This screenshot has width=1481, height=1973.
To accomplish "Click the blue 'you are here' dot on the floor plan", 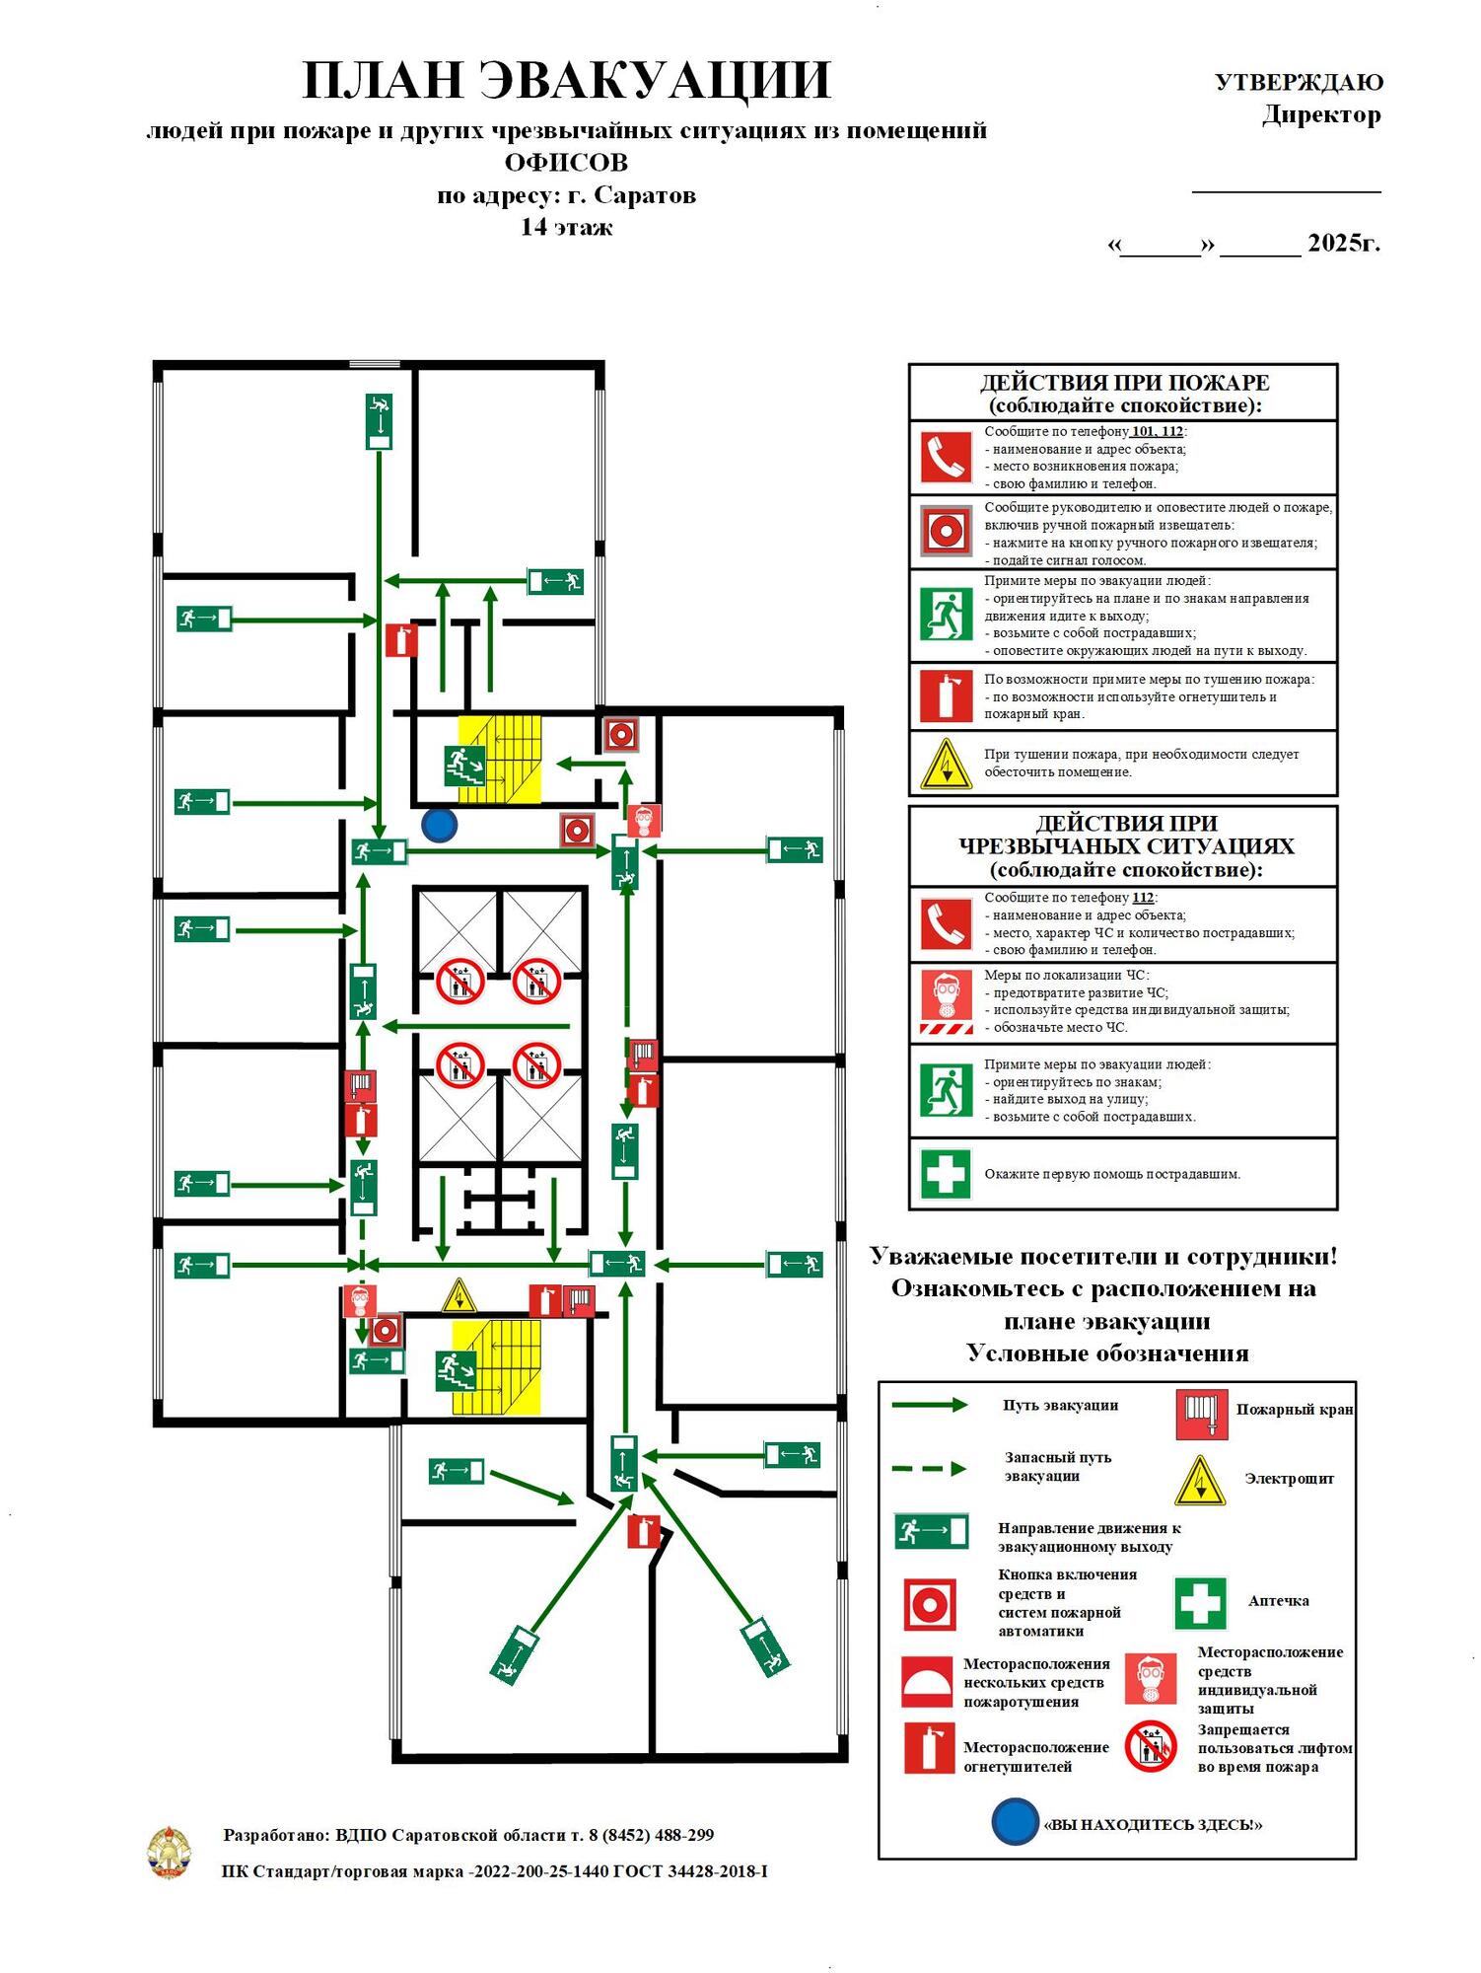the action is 439,825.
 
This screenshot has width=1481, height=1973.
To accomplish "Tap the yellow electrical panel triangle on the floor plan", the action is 458,1295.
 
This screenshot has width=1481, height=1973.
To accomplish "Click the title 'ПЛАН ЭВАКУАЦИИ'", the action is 567,80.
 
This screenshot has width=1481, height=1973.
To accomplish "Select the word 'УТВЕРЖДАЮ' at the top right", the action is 1299,82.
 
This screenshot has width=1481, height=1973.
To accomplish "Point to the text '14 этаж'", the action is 567,227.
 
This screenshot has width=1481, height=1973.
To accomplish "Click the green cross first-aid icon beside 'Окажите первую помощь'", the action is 945,1174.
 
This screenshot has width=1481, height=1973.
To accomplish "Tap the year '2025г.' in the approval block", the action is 1344,243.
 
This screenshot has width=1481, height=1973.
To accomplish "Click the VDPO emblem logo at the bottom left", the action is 170,1852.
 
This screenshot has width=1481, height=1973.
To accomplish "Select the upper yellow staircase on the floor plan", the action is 500,758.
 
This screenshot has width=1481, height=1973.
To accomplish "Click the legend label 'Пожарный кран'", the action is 1295,1410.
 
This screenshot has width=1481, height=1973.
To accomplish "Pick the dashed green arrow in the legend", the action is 929,1469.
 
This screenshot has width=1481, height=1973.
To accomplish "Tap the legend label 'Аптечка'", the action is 1279,1601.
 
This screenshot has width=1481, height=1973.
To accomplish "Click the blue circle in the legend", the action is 1016,1821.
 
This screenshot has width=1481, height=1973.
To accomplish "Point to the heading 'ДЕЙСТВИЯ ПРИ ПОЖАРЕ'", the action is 1124,382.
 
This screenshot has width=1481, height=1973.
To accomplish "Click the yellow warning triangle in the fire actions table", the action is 946,765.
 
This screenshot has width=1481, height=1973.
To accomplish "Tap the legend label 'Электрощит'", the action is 1289,1478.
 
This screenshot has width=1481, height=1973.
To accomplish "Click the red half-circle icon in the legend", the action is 928,1682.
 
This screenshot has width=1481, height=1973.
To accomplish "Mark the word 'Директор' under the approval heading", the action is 1322,115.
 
